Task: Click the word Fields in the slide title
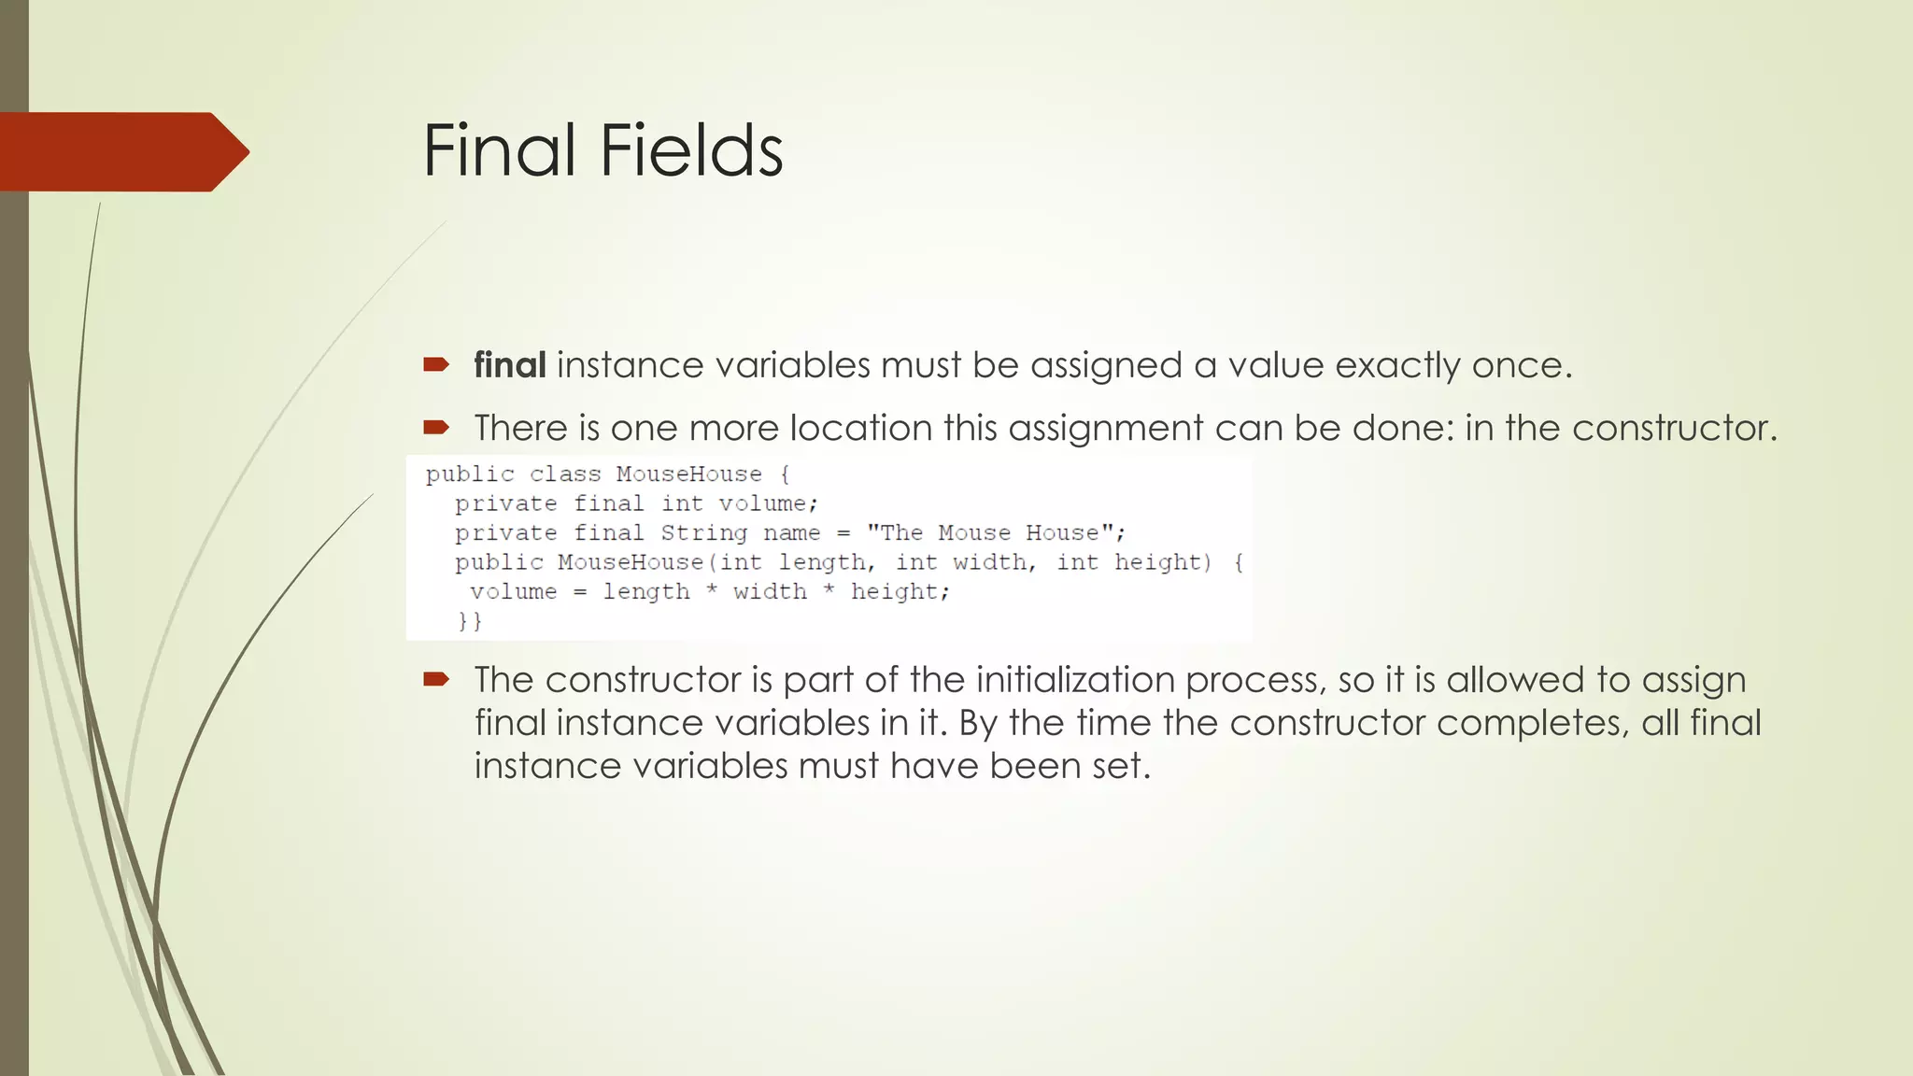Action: click(691, 150)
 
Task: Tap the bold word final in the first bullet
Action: click(509, 365)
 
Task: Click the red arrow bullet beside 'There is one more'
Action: click(436, 428)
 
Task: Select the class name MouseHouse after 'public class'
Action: click(688, 474)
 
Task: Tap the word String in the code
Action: click(703, 533)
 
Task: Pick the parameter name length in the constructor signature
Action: click(821, 562)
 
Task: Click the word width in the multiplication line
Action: click(770, 592)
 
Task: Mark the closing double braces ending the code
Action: click(470, 621)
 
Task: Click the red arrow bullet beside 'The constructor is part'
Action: click(436, 679)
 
